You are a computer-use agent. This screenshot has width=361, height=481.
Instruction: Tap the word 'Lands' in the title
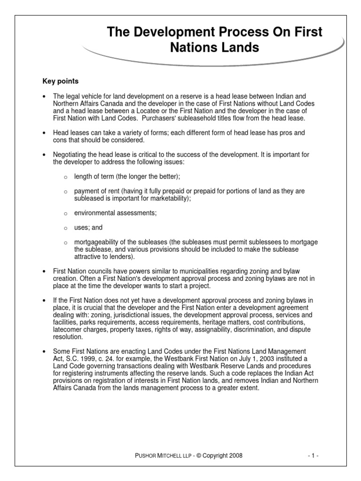[x=236, y=47]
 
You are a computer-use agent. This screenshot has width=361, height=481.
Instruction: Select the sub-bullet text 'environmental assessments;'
[x=115, y=213]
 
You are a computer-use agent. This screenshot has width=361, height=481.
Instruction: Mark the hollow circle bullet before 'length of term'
[x=66, y=176]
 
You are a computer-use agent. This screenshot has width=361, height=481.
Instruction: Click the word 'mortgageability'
[x=98, y=241]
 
